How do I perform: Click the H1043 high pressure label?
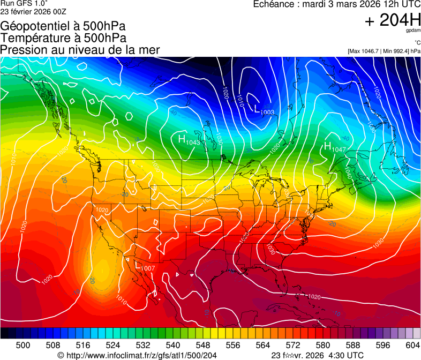pyautogui.click(x=189, y=140)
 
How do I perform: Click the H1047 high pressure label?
pyautogui.click(x=335, y=147)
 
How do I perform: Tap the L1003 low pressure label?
pyautogui.click(x=264, y=110)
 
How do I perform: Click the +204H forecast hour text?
pyautogui.click(x=392, y=20)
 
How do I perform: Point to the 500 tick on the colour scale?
pyautogui.click(x=23, y=344)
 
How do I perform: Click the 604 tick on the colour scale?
pyautogui.click(x=413, y=344)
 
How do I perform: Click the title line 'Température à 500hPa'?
pyautogui.click(x=63, y=37)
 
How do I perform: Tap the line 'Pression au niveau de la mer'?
pyautogui.click(x=80, y=50)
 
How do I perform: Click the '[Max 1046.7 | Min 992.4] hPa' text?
pyautogui.click(x=384, y=51)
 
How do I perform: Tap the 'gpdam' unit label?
pyautogui.click(x=414, y=31)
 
